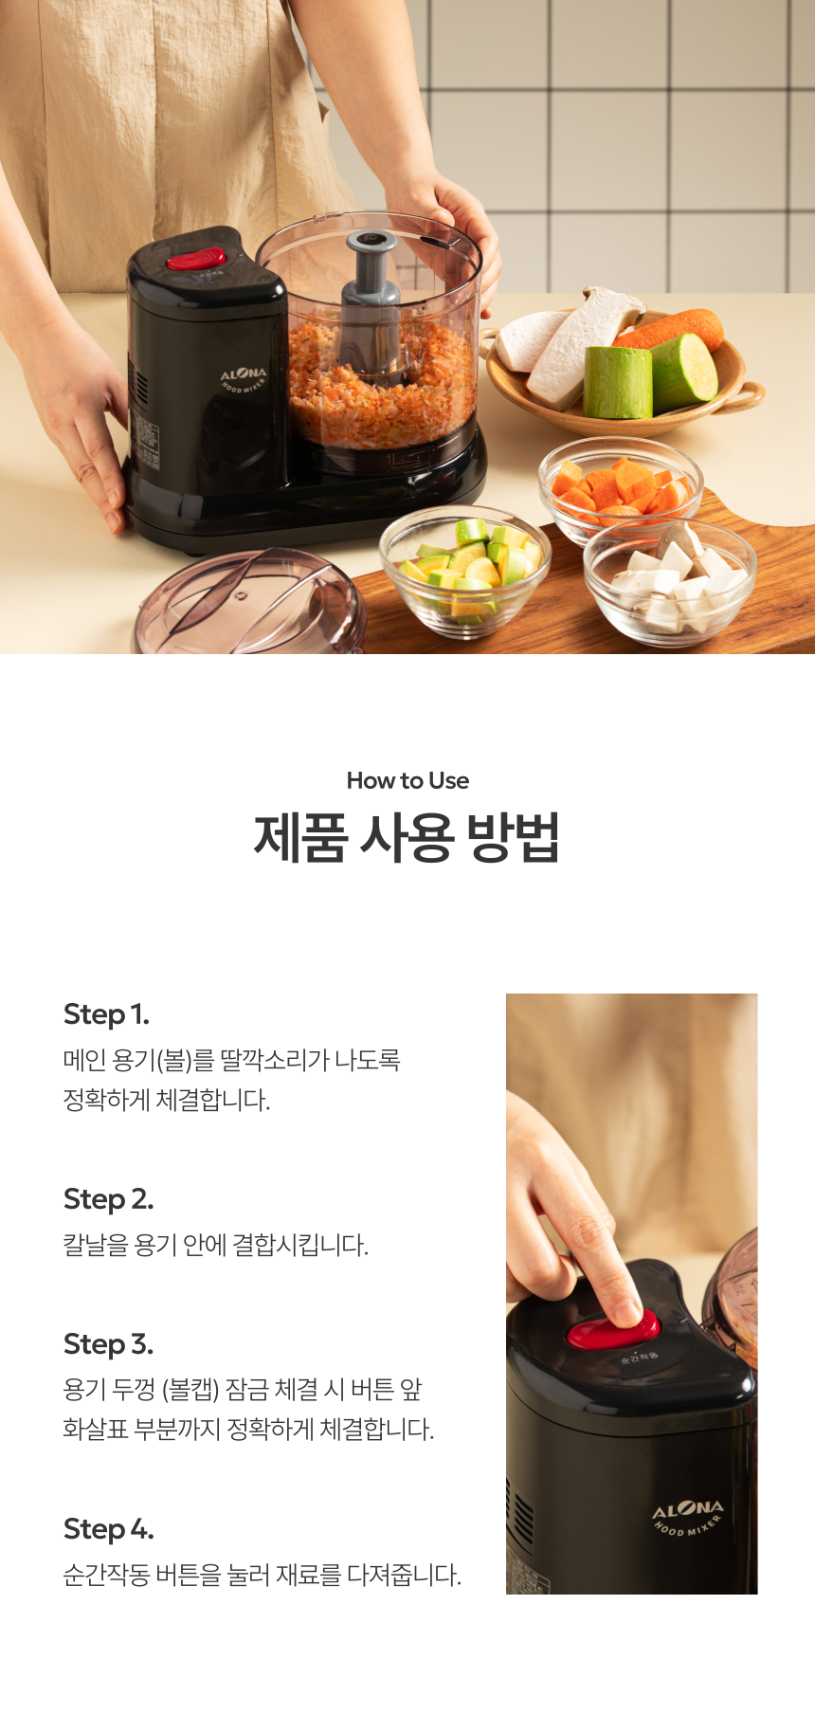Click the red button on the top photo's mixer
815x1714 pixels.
[196, 259]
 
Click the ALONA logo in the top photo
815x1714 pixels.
[244, 375]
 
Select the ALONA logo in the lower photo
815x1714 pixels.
[688, 1508]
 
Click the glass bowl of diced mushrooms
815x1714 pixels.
[669, 579]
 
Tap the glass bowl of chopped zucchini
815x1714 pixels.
[464, 570]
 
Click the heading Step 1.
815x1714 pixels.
[106, 1014]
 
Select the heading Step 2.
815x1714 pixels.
[108, 1199]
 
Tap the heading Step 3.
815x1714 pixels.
[108, 1344]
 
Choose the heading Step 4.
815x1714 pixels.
[108, 1529]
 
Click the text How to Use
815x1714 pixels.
[407, 781]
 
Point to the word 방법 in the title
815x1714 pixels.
[514, 838]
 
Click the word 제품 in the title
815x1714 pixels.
[299, 838]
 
